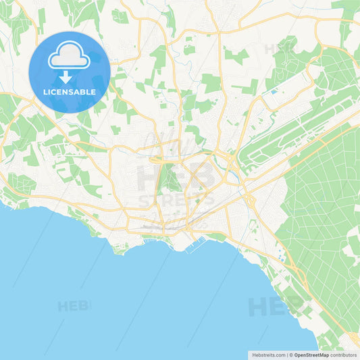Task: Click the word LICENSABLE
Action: coord(69,91)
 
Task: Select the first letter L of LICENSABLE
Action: coord(45,91)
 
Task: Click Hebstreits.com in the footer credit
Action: coord(267,354)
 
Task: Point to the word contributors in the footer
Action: coord(343,354)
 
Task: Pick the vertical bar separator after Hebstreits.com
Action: coord(286,354)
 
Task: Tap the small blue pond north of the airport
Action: coord(273,91)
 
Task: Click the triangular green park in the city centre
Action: coord(168,179)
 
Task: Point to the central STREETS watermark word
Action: coord(176,200)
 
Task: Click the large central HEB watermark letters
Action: coord(176,178)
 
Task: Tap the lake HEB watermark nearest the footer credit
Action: coord(271,307)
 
